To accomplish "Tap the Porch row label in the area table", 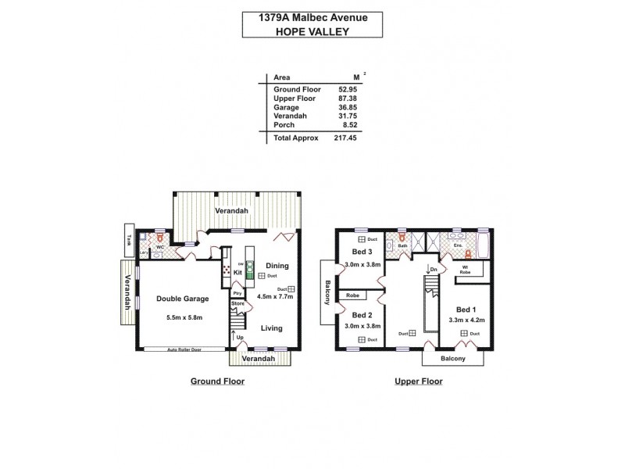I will pyautogui.click(x=284, y=125).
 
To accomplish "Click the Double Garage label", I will pyautogui.click(x=181, y=299).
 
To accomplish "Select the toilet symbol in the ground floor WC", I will pyautogui.click(x=159, y=235).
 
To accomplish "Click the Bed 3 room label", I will pyautogui.click(x=360, y=252).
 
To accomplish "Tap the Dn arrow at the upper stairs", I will pyautogui.click(x=429, y=270).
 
